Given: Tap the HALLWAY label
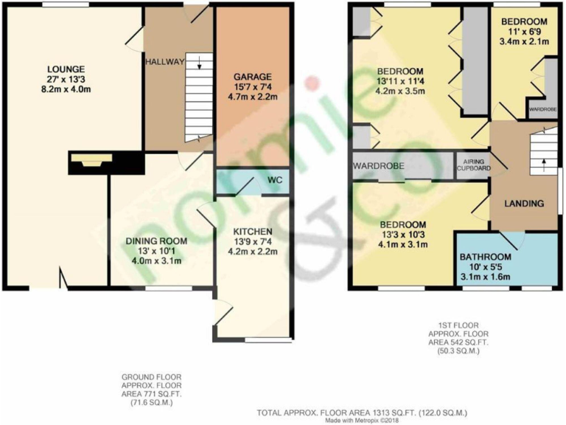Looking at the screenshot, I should point(164,61).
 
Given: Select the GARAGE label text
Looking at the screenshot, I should point(253,77).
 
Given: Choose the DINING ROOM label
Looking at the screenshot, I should point(156,241).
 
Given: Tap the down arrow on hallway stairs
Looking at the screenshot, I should point(198,64).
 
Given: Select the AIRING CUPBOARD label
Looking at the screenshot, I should point(472,163).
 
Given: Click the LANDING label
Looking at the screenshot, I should point(524,203).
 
